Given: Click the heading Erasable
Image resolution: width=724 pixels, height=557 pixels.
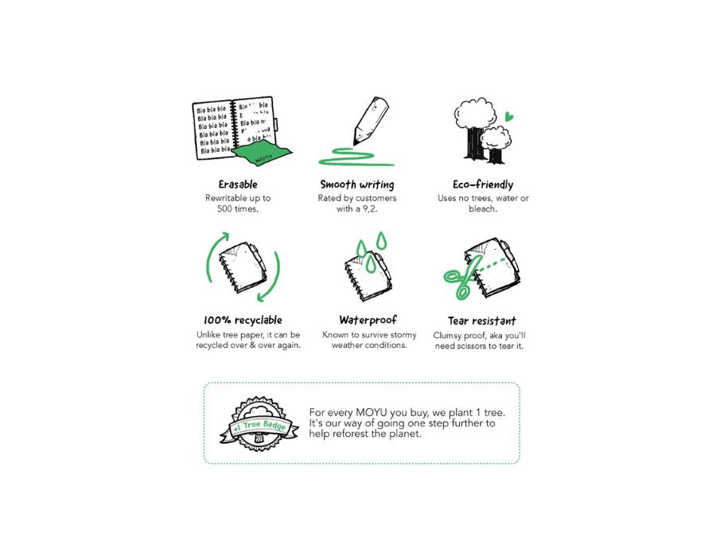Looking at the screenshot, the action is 238,185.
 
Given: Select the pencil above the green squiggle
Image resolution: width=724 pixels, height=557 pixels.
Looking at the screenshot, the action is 371,120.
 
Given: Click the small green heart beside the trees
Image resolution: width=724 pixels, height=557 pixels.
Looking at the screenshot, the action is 509,116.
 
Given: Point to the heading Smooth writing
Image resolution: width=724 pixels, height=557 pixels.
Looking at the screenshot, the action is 357,185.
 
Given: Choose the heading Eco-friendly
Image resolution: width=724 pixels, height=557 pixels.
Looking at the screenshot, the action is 483,185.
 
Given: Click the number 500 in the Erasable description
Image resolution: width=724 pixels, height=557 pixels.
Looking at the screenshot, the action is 224,208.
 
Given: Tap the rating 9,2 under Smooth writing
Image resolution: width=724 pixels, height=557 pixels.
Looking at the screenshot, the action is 369,208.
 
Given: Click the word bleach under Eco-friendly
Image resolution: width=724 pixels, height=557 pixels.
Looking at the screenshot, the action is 481,208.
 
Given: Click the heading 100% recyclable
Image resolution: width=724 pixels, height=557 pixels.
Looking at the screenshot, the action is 243,320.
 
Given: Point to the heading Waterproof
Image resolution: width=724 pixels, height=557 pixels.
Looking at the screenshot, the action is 368,320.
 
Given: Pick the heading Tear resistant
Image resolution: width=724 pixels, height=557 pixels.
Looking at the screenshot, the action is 481,321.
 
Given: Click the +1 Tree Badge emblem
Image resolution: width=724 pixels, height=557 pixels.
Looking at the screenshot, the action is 259,423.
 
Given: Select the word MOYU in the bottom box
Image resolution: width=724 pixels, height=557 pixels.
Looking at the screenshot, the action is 372,412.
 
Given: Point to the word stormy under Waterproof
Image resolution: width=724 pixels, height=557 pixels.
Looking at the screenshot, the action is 403,335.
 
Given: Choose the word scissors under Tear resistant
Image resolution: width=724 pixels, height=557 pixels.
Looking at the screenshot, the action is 472,346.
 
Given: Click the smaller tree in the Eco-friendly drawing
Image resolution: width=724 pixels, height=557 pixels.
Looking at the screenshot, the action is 496,144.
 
